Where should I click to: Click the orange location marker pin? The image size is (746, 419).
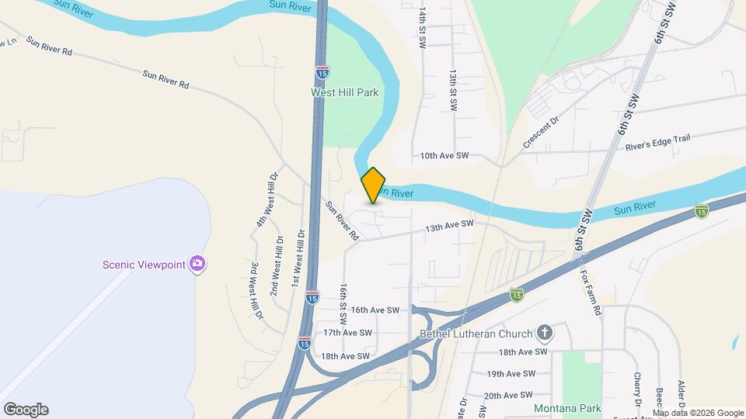(x=373, y=185)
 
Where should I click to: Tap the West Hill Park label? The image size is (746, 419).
(x=344, y=92)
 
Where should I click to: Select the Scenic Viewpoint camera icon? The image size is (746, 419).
(x=197, y=265)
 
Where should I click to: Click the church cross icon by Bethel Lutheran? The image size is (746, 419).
(x=545, y=334)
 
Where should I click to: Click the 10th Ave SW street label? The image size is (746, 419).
(x=444, y=156)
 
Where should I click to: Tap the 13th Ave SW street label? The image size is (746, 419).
(x=448, y=224)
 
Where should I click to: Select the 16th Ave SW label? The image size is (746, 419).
(x=375, y=310)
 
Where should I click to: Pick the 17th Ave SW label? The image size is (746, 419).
(x=348, y=333)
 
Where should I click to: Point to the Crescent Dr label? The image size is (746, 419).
(x=541, y=133)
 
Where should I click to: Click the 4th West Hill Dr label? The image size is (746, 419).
(x=267, y=199)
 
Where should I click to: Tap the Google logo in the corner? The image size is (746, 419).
(x=26, y=410)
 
